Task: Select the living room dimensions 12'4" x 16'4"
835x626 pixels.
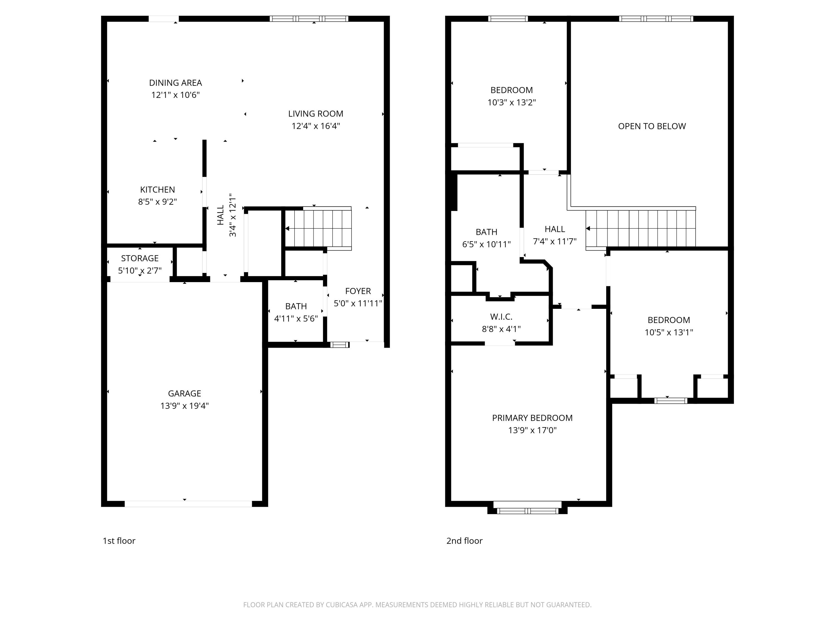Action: pos(316,126)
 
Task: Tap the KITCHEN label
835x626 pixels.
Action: pos(158,189)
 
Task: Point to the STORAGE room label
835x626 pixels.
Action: pos(140,258)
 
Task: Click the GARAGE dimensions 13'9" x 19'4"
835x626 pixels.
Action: pos(184,406)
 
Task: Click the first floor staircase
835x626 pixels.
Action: pos(318,228)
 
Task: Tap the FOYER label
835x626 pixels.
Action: pos(358,291)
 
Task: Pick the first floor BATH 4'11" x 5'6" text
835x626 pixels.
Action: pos(296,319)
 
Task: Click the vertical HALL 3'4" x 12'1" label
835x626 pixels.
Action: pos(227,215)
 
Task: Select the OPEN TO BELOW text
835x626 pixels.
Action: pos(652,126)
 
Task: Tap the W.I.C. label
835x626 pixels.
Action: pos(501,317)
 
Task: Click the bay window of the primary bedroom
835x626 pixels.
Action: pos(527,511)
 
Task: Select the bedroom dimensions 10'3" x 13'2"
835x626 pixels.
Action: pos(512,102)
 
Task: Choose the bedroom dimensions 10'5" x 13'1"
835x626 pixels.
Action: pos(669,332)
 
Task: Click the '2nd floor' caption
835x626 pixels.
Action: pos(464,541)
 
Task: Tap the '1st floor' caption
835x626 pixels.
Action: pos(119,541)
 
